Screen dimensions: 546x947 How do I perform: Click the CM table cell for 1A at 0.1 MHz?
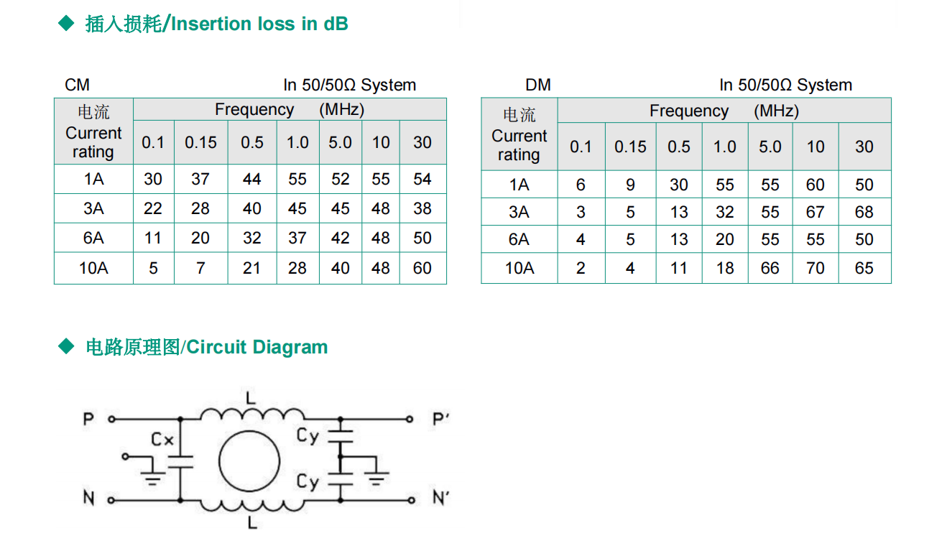[153, 179]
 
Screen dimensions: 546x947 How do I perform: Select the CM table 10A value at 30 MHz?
[422, 268]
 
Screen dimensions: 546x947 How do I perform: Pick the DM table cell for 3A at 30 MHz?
[864, 212]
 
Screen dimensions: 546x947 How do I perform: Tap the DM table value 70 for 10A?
[815, 268]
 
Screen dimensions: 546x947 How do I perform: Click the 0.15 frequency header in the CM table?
[200, 142]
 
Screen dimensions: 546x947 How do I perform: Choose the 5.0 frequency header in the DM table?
[770, 147]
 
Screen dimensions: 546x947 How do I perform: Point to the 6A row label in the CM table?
[93, 238]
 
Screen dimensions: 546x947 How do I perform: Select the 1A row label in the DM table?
[519, 185]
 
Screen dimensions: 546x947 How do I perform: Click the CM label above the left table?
[77, 85]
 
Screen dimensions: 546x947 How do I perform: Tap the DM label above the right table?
[538, 85]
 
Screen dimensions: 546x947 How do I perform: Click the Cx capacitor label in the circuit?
[162, 439]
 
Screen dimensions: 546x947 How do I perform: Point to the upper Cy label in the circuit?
[308, 435]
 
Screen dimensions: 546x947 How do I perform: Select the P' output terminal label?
[440, 419]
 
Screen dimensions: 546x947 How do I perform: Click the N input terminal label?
[88, 498]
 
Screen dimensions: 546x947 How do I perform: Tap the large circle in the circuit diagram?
[249, 461]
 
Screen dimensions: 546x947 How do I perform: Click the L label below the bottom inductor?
[251, 524]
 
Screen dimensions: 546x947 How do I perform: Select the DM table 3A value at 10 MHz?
[815, 212]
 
